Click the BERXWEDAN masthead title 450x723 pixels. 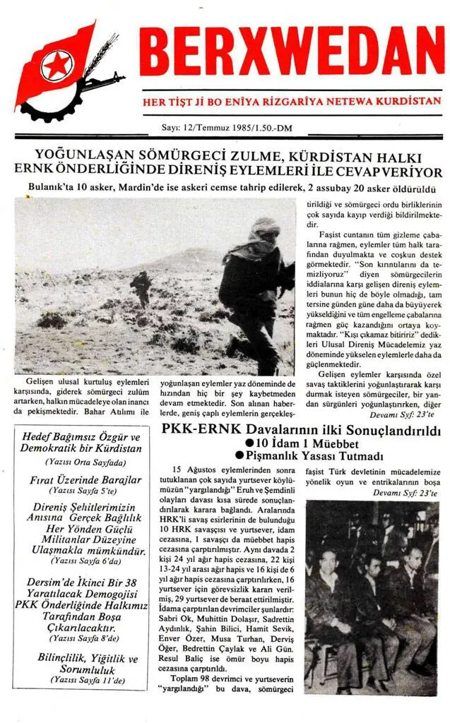click(291, 55)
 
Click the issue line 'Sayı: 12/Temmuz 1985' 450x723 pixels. click(205, 128)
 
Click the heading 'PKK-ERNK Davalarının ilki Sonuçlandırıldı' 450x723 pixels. click(302, 430)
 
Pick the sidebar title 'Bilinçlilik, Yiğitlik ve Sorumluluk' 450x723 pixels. click(82, 664)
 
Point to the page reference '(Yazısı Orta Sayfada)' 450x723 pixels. click(82, 462)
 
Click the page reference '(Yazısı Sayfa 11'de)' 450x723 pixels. click(82, 681)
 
